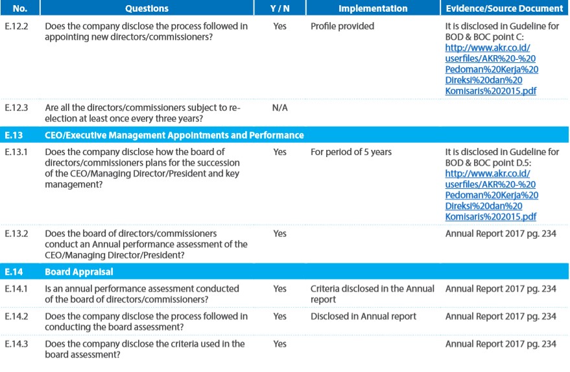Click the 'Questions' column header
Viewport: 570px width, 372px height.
147,8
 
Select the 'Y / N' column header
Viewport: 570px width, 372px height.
279,8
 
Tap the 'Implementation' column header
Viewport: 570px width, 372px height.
373,8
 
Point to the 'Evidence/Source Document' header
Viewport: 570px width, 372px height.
505,8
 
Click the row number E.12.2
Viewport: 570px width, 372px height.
16,26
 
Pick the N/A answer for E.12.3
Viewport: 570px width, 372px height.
280,108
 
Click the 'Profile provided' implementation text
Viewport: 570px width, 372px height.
342,26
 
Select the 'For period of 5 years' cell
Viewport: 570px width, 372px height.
351,152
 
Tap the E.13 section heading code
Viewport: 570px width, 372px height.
14,135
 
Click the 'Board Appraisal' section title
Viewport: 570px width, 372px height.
79,272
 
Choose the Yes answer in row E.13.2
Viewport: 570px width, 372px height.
280,233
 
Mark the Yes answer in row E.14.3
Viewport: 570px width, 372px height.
280,343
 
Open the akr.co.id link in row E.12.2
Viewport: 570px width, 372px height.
488,47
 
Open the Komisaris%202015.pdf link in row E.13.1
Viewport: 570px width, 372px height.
491,217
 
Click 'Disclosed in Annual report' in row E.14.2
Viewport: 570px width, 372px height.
363,316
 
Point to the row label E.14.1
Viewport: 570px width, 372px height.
16,289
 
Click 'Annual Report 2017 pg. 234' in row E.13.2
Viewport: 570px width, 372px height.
501,234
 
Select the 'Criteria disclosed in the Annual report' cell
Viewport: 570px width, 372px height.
372,294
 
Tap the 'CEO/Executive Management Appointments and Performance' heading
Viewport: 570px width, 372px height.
174,135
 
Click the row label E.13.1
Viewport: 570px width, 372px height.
16,152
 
